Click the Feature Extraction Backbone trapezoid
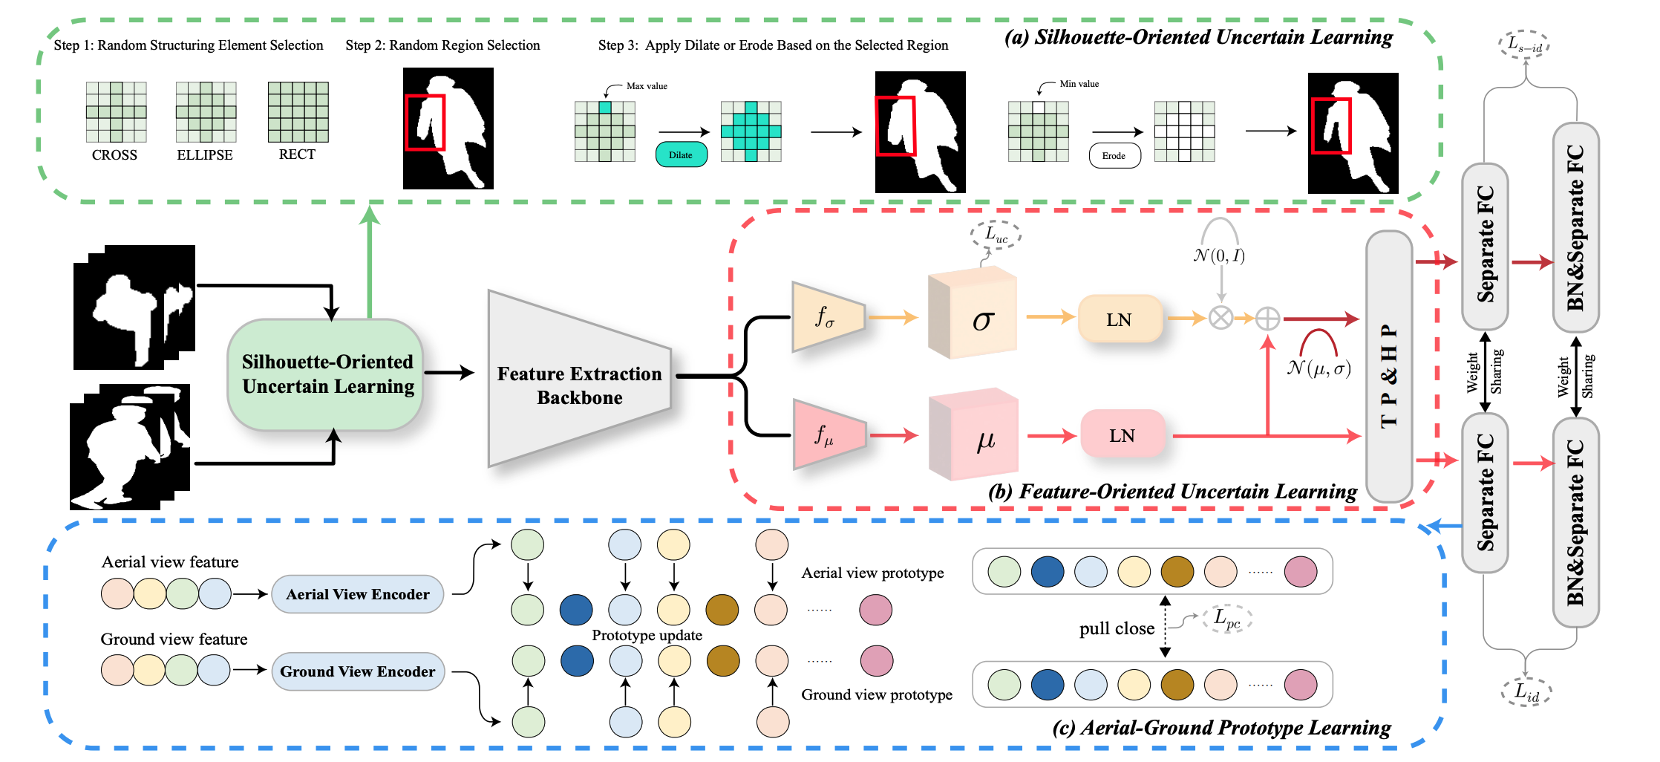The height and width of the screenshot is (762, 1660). click(x=579, y=379)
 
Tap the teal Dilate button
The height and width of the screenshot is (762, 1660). click(x=681, y=155)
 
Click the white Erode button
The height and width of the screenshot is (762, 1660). click(x=1114, y=156)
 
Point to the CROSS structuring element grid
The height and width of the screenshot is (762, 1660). click(x=116, y=112)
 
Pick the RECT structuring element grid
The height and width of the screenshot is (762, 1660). click(x=298, y=112)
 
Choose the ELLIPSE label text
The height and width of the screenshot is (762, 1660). click(x=205, y=155)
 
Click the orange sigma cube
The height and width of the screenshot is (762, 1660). click(x=973, y=318)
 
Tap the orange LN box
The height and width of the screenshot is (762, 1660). click(x=1120, y=319)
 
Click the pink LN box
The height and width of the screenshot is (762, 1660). click(x=1122, y=435)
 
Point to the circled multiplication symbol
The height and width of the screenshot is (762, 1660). click(x=1221, y=319)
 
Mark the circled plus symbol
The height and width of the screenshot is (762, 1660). click(x=1267, y=319)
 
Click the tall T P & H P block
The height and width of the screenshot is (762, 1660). click(x=1388, y=367)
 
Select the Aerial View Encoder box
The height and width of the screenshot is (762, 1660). click(x=357, y=594)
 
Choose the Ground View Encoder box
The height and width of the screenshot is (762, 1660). click(x=357, y=671)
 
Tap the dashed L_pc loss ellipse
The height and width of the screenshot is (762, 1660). click(x=1227, y=618)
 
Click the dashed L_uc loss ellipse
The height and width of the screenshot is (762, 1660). click(x=996, y=235)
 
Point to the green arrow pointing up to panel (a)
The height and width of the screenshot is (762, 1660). click(x=369, y=260)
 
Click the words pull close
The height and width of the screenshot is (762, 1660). click(x=1117, y=629)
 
